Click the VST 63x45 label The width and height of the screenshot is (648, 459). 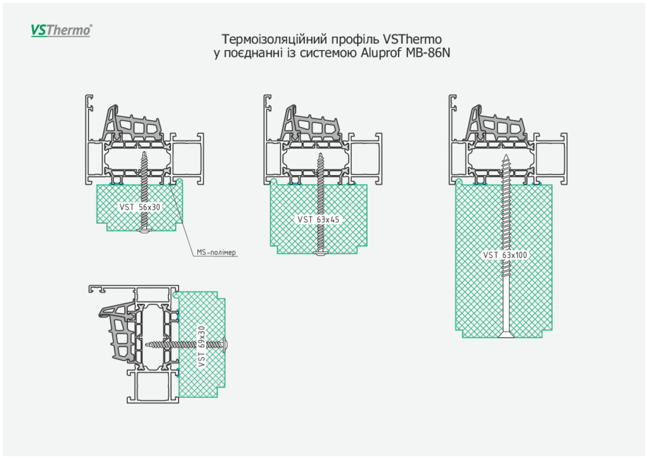tap(318, 219)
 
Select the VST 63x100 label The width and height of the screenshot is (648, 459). tap(505, 255)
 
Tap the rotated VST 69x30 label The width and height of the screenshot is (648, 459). tap(202, 346)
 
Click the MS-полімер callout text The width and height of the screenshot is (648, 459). tap(216, 252)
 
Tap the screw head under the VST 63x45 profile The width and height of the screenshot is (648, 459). tap(320, 254)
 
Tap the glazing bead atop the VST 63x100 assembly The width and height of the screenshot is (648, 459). tap(497, 123)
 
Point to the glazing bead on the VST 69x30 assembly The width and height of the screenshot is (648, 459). tap(120, 329)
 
